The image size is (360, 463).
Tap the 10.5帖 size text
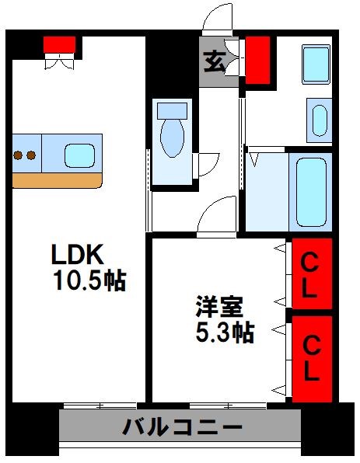pos(89,280)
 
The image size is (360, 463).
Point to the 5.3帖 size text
pos(223,332)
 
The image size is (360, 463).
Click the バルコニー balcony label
pos(182,426)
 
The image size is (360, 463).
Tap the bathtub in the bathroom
pos(310,190)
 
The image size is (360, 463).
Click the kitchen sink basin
pos(81,155)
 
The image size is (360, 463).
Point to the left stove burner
pos(19,155)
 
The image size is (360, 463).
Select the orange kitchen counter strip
pos(57,180)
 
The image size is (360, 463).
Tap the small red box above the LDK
pos(59,44)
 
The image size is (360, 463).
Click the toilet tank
pos(172,109)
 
